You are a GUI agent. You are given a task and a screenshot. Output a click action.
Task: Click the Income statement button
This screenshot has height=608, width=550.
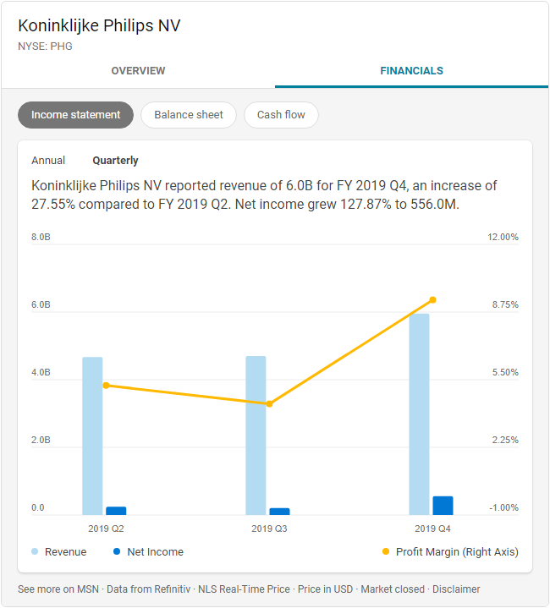76,115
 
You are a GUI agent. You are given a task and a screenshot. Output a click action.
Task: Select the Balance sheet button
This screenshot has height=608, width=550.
189,115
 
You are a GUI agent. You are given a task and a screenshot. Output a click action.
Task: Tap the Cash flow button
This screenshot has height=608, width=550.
281,115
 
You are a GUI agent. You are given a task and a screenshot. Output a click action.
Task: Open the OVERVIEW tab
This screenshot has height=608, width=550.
138,71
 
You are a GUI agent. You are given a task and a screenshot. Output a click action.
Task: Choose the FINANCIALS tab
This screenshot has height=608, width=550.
411,71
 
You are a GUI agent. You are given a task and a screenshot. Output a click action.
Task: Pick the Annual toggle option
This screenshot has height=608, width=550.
48,161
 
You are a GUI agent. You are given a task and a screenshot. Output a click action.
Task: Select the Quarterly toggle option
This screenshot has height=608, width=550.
115,161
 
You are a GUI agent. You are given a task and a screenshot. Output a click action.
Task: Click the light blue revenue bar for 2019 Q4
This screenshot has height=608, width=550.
419,414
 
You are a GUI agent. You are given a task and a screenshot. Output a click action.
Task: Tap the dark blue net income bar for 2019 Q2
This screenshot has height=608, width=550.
116,511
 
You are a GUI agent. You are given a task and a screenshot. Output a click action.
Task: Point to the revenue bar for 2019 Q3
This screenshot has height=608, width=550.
256,435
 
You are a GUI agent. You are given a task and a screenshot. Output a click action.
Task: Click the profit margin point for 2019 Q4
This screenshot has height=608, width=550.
432,300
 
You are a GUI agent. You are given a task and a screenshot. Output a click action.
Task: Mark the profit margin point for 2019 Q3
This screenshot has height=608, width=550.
269,404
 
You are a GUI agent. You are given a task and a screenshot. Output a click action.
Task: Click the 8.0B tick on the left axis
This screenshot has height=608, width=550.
41,238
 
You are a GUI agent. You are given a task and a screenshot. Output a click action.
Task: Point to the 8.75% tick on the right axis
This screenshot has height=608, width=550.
503,305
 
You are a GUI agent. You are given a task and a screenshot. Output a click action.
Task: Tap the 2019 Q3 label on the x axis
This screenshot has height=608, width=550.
269,529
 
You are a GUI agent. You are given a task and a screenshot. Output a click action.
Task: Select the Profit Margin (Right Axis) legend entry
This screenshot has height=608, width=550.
457,552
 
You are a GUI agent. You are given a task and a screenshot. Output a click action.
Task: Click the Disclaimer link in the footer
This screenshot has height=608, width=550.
456,589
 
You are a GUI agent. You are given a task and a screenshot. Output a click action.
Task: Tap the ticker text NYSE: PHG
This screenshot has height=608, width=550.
45,47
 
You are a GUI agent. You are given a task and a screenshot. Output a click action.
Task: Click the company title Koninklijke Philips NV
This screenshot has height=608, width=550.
99,25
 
